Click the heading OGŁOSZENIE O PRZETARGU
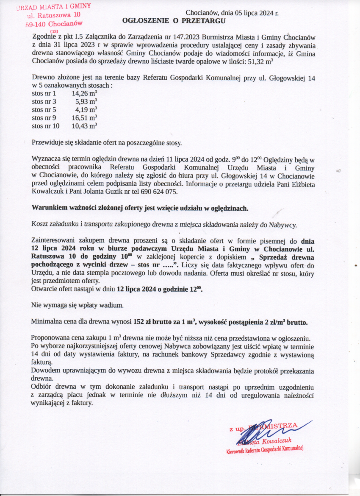[x=174, y=20]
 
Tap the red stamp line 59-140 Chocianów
[x=54, y=24]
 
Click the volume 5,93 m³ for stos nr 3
[x=86, y=101]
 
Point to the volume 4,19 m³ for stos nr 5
[x=86, y=109]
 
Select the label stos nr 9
[x=44, y=117]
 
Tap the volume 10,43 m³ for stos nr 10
[x=84, y=125]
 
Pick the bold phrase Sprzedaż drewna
[x=285, y=256]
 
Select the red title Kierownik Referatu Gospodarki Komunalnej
[x=266, y=449]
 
